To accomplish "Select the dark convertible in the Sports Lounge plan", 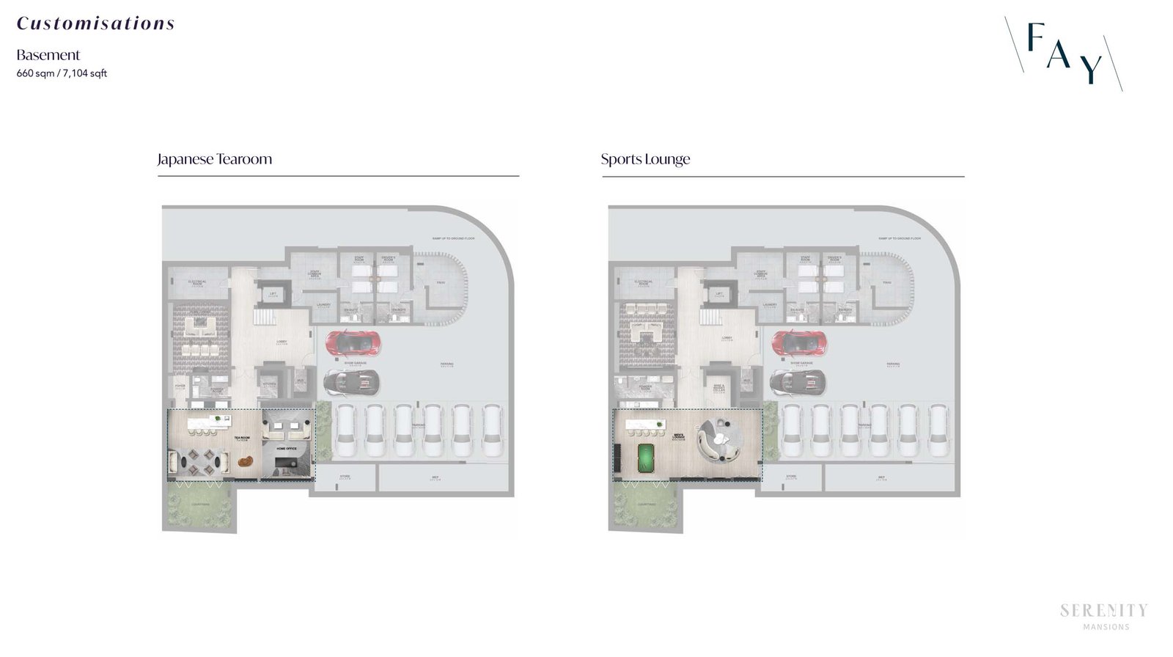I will click(798, 381).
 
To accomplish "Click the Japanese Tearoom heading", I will click(214, 159).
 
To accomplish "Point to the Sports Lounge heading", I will click(645, 159).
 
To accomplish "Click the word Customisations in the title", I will click(95, 23).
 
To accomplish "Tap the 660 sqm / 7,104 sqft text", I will click(62, 73).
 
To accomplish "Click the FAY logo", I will click(1064, 53).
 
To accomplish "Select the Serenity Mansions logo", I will click(1104, 615).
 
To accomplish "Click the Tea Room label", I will click(242, 439).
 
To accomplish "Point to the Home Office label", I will click(287, 447).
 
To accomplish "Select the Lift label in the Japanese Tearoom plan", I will click(273, 295).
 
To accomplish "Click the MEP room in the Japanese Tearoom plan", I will click(435, 477).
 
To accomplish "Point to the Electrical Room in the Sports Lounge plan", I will click(644, 283).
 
